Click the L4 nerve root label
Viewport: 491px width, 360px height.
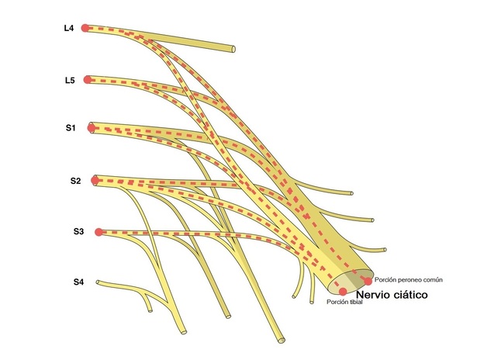(69, 28)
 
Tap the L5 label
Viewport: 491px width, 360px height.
(70, 81)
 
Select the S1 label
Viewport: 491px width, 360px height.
(71, 128)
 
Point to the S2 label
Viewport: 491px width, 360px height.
(75, 181)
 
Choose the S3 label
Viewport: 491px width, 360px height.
(78, 231)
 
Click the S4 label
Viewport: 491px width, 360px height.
(78, 282)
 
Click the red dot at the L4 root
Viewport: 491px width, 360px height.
(85, 28)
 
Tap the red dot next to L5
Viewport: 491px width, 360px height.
(88, 80)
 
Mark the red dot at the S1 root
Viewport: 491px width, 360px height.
(91, 128)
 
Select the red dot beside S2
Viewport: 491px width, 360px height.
(95, 181)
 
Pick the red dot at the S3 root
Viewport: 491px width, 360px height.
(99, 232)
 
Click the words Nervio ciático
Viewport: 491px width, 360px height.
(392, 295)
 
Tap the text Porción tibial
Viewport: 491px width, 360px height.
(344, 302)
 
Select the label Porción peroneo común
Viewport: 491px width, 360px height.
(409, 280)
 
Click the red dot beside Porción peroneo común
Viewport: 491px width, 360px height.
(368, 282)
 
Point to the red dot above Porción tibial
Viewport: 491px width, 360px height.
(343, 292)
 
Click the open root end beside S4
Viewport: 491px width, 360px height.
(98, 282)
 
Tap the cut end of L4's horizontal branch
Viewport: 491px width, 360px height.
(233, 49)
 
